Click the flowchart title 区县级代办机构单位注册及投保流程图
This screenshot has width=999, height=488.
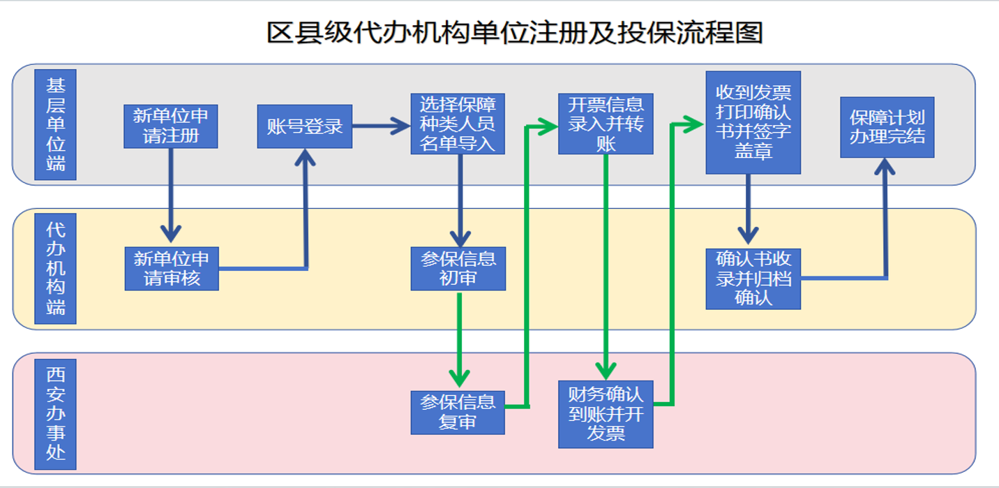(x=515, y=33)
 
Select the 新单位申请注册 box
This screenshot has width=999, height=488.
(x=171, y=126)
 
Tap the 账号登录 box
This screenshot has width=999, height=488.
(x=305, y=126)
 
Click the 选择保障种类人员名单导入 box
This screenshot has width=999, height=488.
(x=458, y=124)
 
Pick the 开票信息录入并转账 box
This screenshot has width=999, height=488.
(x=606, y=124)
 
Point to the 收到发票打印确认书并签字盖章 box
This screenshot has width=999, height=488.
(x=753, y=122)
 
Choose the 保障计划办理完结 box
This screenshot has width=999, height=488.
(x=887, y=127)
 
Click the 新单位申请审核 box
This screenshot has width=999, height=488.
(x=172, y=269)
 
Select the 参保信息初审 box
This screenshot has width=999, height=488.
(x=458, y=269)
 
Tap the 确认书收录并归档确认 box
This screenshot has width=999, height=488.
(x=753, y=279)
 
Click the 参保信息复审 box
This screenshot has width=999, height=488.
(x=458, y=413)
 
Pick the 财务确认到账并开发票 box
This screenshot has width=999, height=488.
(x=606, y=414)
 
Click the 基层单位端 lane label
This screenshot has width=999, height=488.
(x=55, y=125)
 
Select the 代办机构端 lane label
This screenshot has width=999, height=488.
(x=55, y=269)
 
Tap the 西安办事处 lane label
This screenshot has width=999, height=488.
(x=55, y=413)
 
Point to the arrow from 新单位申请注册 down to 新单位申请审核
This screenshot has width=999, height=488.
(x=171, y=195)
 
